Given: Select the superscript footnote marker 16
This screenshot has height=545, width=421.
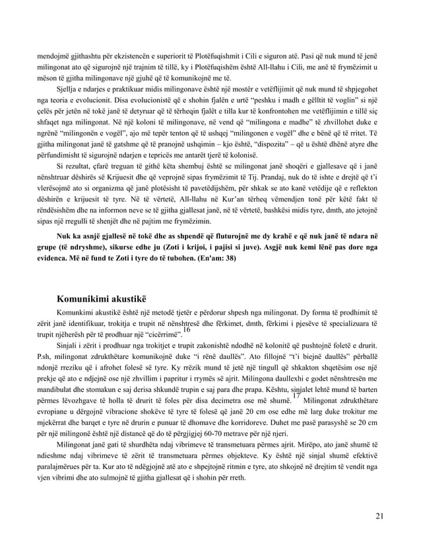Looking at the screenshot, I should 187,330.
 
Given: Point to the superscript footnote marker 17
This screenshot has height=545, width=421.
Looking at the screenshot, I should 284,396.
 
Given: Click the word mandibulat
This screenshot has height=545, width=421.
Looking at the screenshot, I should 57,387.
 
